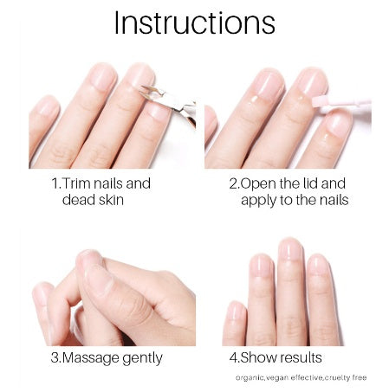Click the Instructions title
(x=195, y=22)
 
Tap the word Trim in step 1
(x=76, y=183)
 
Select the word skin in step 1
(x=110, y=200)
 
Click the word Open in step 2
(x=258, y=184)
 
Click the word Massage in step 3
(x=90, y=359)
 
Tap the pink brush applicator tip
(x=319, y=102)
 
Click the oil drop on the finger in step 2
(x=255, y=100)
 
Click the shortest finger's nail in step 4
(x=237, y=311)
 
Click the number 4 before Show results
(x=233, y=358)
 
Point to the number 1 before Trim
(x=55, y=184)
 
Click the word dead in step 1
(x=78, y=200)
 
